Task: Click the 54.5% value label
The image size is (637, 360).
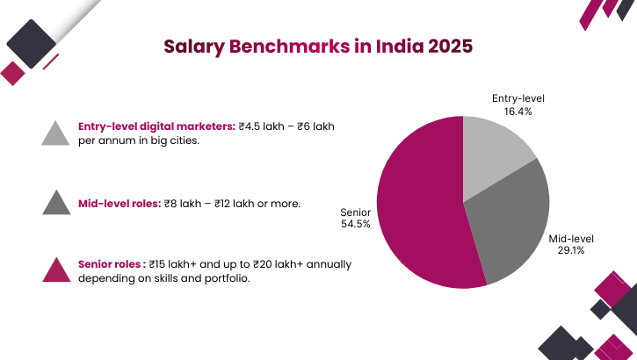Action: click(x=355, y=224)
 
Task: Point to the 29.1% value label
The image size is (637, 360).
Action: click(x=571, y=250)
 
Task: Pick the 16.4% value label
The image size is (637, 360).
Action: click(x=518, y=112)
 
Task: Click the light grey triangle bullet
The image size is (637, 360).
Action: click(x=55, y=133)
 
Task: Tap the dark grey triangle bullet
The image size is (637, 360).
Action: click(x=55, y=204)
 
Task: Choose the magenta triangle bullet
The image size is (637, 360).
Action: click(x=55, y=271)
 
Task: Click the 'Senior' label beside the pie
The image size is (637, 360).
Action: click(x=355, y=212)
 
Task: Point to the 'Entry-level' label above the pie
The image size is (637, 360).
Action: click(x=518, y=98)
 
